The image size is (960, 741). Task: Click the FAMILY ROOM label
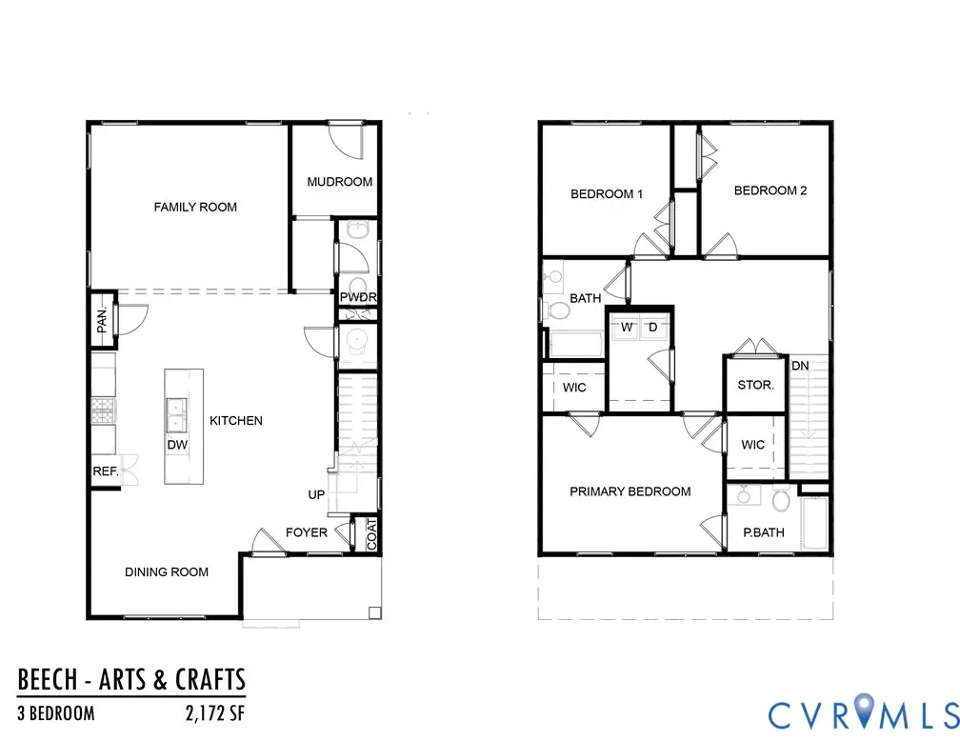pyautogui.click(x=195, y=207)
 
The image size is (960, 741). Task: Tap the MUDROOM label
pyautogui.click(x=339, y=182)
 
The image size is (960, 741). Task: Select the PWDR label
pyautogui.click(x=359, y=298)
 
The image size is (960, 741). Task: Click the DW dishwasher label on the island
pyautogui.click(x=176, y=444)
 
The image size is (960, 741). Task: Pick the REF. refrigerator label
pyautogui.click(x=105, y=471)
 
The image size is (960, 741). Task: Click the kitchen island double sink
pyautogui.click(x=176, y=411)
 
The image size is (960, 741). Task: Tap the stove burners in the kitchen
pyautogui.click(x=103, y=412)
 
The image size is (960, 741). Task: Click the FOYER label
pyautogui.click(x=307, y=532)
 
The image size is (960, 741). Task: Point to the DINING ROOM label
pyautogui.click(x=167, y=571)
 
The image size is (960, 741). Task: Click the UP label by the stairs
pyautogui.click(x=316, y=495)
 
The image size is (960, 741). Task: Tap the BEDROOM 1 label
pyautogui.click(x=607, y=194)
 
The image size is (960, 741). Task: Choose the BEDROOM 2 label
pyautogui.click(x=770, y=190)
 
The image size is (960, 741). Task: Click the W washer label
pyautogui.click(x=627, y=328)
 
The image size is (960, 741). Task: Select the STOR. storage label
pyautogui.click(x=756, y=386)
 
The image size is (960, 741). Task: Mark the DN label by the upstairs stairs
pyautogui.click(x=801, y=365)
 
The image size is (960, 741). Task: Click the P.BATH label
pyautogui.click(x=764, y=532)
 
